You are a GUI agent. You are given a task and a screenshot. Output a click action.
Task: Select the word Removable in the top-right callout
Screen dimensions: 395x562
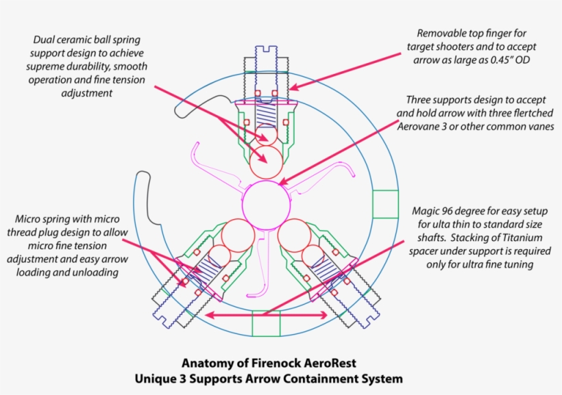coord(445,33)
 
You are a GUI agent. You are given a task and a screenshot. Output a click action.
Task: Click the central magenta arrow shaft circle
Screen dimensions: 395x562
coord(266,205)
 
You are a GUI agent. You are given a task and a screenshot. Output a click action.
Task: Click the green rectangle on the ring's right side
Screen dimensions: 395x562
coord(384,205)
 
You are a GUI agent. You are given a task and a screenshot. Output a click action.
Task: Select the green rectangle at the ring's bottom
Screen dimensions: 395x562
coord(267,323)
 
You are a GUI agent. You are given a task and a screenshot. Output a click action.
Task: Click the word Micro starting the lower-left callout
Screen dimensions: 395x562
coord(29,220)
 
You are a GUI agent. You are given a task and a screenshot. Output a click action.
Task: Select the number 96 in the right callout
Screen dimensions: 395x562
coord(456,211)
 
